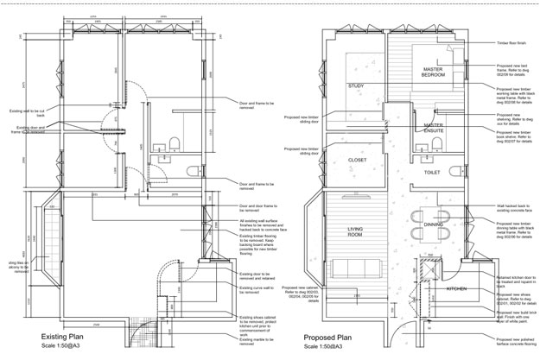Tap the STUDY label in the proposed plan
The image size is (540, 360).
[x=356, y=86]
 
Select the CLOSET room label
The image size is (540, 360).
[x=358, y=160]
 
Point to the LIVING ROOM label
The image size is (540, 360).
[x=355, y=231]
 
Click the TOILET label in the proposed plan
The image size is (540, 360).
[x=433, y=172]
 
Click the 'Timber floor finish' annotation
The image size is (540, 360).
[x=514, y=41]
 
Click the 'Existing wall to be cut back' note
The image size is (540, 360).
[x=26, y=112]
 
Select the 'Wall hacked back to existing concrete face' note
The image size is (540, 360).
[x=516, y=209]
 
